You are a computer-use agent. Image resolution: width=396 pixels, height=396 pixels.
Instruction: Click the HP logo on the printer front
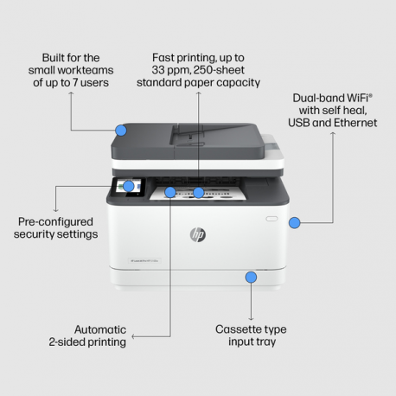[198, 234]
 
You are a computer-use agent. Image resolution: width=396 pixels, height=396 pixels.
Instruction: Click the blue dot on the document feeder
[121, 131]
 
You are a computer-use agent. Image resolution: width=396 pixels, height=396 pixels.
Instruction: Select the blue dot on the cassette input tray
[251, 278]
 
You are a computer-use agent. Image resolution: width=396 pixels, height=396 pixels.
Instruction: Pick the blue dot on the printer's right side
[295, 222]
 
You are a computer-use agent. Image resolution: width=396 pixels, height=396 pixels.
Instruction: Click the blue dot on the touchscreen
[129, 186]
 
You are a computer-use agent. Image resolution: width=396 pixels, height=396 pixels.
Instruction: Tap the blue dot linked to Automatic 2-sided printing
[170, 192]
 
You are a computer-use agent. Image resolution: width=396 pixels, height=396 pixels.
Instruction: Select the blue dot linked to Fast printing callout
[199, 192]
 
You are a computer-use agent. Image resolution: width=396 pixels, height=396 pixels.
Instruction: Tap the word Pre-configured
[56, 221]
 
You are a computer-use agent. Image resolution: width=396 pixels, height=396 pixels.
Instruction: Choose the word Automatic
[100, 329]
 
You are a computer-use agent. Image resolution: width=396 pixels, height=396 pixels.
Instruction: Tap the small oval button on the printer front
[271, 219]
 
